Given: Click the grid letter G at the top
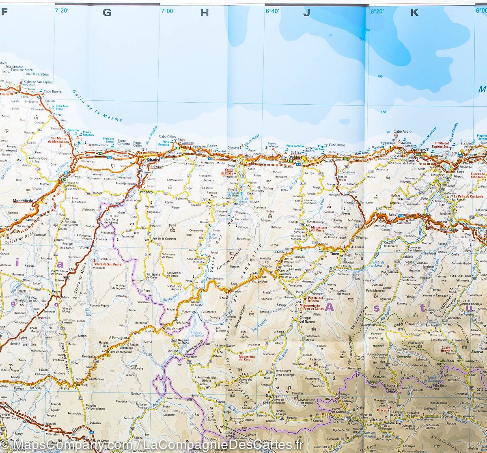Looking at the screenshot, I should coord(107,13).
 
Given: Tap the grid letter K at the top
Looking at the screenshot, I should coord(414,13).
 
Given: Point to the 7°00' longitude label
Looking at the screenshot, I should coord(167,11).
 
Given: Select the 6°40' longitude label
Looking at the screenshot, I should coord(272,11).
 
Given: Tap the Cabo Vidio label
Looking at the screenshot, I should coord(403,132).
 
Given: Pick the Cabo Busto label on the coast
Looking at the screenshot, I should coord(337,145).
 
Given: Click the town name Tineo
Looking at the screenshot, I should coord(334,254).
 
